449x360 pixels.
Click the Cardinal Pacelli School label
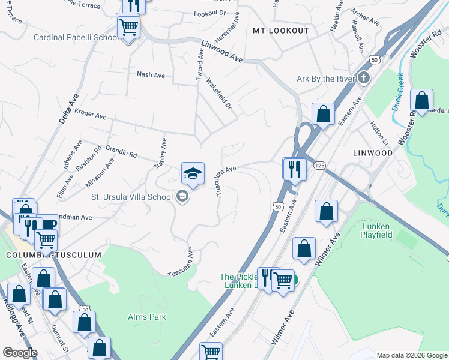(77, 37)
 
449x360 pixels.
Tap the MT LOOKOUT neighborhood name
(280, 31)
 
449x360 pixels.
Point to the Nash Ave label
(151, 74)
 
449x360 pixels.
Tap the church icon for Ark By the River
(364, 79)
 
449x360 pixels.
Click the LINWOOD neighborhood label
(373, 153)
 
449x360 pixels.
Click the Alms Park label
(147, 316)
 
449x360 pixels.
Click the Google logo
(20, 353)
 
